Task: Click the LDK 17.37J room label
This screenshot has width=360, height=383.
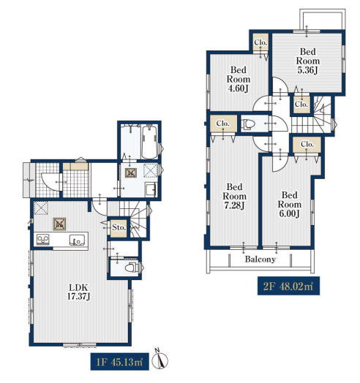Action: point(79,292)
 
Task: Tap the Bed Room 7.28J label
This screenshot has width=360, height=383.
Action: point(234,196)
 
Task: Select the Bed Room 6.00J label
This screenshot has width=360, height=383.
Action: point(290,204)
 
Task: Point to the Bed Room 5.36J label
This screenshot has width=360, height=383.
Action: point(308,61)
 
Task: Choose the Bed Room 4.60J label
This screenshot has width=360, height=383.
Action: point(239,79)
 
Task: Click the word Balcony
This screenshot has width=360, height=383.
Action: point(260,259)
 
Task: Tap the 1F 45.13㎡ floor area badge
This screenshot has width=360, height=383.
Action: point(120,362)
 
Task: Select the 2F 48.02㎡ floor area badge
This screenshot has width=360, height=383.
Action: point(288,286)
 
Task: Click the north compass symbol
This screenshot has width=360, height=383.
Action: point(160,360)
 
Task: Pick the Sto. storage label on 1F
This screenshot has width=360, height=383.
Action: point(119,227)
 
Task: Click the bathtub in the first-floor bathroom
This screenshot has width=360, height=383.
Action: point(149,143)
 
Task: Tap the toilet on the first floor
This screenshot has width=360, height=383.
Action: point(132,268)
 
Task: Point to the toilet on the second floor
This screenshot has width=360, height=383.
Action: point(248,124)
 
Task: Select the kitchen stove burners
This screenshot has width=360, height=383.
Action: point(43,239)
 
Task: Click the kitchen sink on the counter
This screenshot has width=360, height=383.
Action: point(77,240)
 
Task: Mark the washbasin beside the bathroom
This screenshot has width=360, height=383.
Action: point(151,189)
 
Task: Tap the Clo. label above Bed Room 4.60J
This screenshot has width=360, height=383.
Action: point(260,42)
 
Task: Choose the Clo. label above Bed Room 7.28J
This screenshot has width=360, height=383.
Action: point(223,124)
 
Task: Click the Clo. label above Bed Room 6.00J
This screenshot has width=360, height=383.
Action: point(307,145)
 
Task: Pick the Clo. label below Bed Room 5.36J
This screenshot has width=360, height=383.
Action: point(301,105)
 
